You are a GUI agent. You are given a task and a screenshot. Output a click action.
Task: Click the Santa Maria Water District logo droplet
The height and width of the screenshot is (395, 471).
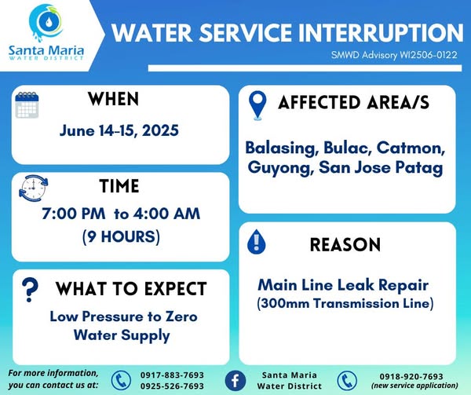[46, 22]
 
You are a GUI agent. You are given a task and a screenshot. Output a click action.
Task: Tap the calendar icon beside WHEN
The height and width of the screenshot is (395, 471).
[27, 105]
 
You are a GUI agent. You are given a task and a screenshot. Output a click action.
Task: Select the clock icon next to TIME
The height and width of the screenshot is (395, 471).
[33, 188]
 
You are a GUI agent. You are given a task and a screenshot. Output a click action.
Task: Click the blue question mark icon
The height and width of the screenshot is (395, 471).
[30, 290]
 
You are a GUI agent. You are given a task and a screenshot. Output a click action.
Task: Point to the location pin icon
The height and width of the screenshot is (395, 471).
[257, 105]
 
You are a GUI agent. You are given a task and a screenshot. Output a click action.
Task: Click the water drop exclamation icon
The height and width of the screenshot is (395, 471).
[256, 242]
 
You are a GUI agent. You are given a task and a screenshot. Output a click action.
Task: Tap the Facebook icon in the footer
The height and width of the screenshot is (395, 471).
[235, 381]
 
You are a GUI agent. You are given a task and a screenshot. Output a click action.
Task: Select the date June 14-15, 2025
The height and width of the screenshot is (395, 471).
[119, 131]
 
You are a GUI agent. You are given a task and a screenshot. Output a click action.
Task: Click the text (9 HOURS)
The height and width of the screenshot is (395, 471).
[121, 236]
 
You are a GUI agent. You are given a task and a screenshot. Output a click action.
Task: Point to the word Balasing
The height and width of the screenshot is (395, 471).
[282, 148]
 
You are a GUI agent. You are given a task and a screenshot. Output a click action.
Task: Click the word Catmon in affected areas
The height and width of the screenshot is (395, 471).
[411, 148]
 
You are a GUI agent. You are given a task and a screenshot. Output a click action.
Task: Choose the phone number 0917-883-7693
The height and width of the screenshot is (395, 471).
[172, 375]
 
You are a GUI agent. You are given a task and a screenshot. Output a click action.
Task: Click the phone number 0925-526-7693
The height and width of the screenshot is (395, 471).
[172, 386]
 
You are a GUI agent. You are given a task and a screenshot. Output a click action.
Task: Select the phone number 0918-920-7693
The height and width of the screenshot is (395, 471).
[411, 376]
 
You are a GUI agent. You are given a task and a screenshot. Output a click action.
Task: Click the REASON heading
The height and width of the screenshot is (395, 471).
[345, 244]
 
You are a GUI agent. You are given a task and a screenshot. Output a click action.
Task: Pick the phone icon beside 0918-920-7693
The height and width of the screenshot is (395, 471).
[347, 381]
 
